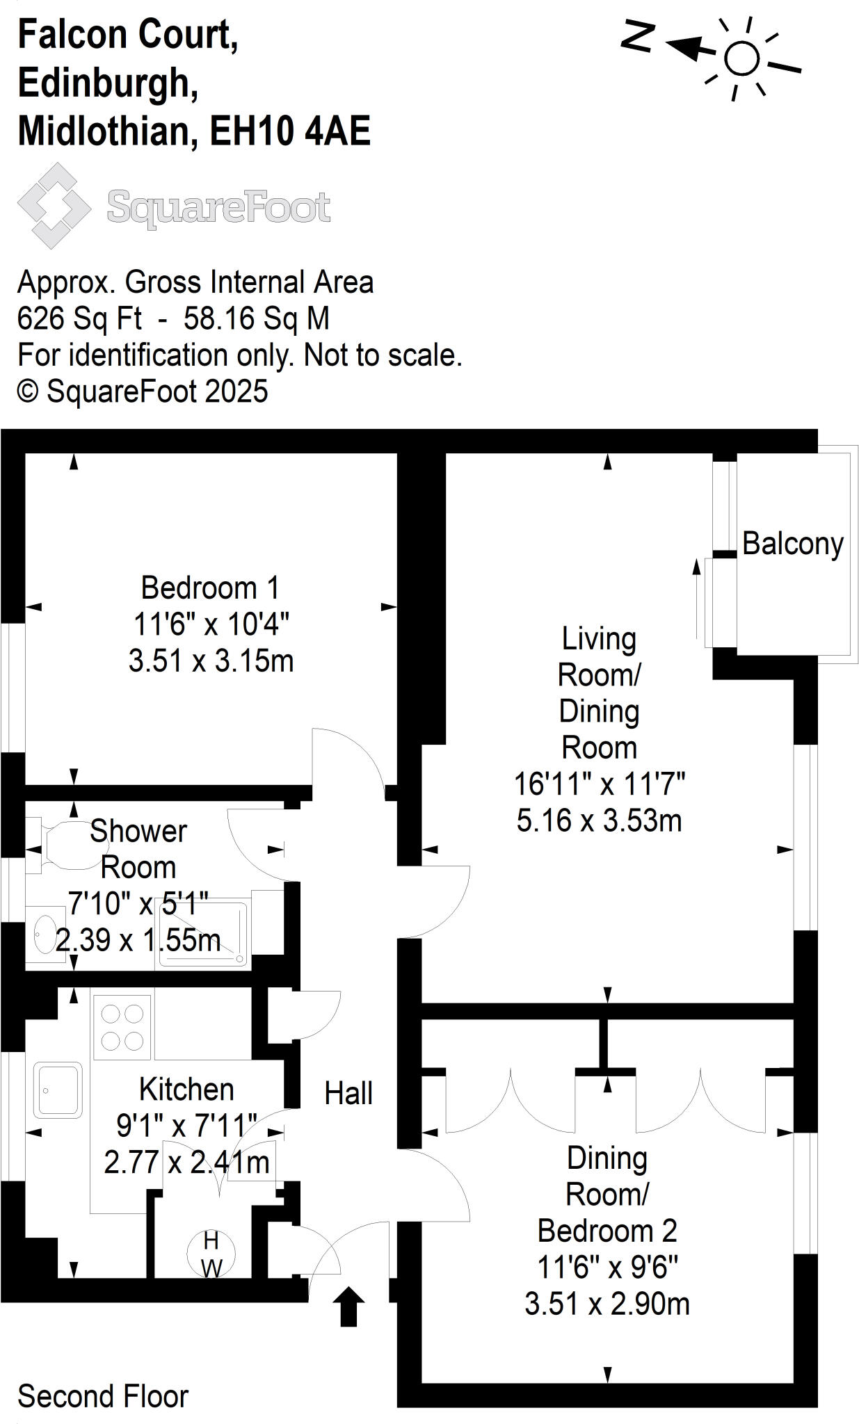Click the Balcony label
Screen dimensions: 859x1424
[792, 544]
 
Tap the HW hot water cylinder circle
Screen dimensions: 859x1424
[211, 1254]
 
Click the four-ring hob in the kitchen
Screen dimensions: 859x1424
[122, 1027]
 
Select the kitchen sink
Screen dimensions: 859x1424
[57, 1090]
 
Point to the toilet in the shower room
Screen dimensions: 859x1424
[66, 845]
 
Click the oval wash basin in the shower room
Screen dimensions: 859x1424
[45, 934]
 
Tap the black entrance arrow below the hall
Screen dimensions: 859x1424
[349, 1306]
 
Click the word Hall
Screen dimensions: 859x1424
[348, 1094]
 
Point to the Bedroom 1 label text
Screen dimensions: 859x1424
[210, 588]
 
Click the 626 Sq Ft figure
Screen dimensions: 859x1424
[79, 318]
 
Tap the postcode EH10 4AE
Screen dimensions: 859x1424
[290, 131]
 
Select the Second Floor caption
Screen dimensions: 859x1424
[103, 1396]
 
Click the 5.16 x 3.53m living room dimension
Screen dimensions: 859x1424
[599, 820]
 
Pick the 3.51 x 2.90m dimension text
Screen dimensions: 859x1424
[607, 1304]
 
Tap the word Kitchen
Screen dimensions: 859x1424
[186, 1090]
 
